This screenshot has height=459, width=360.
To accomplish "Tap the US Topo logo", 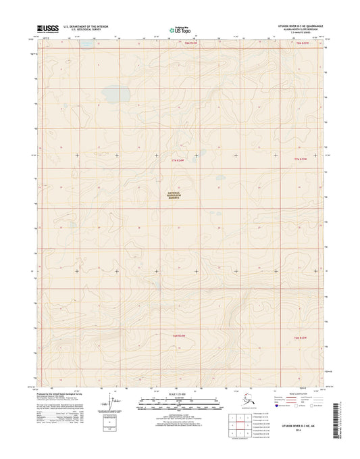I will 179,29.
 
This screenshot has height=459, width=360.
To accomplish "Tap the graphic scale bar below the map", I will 179,405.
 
